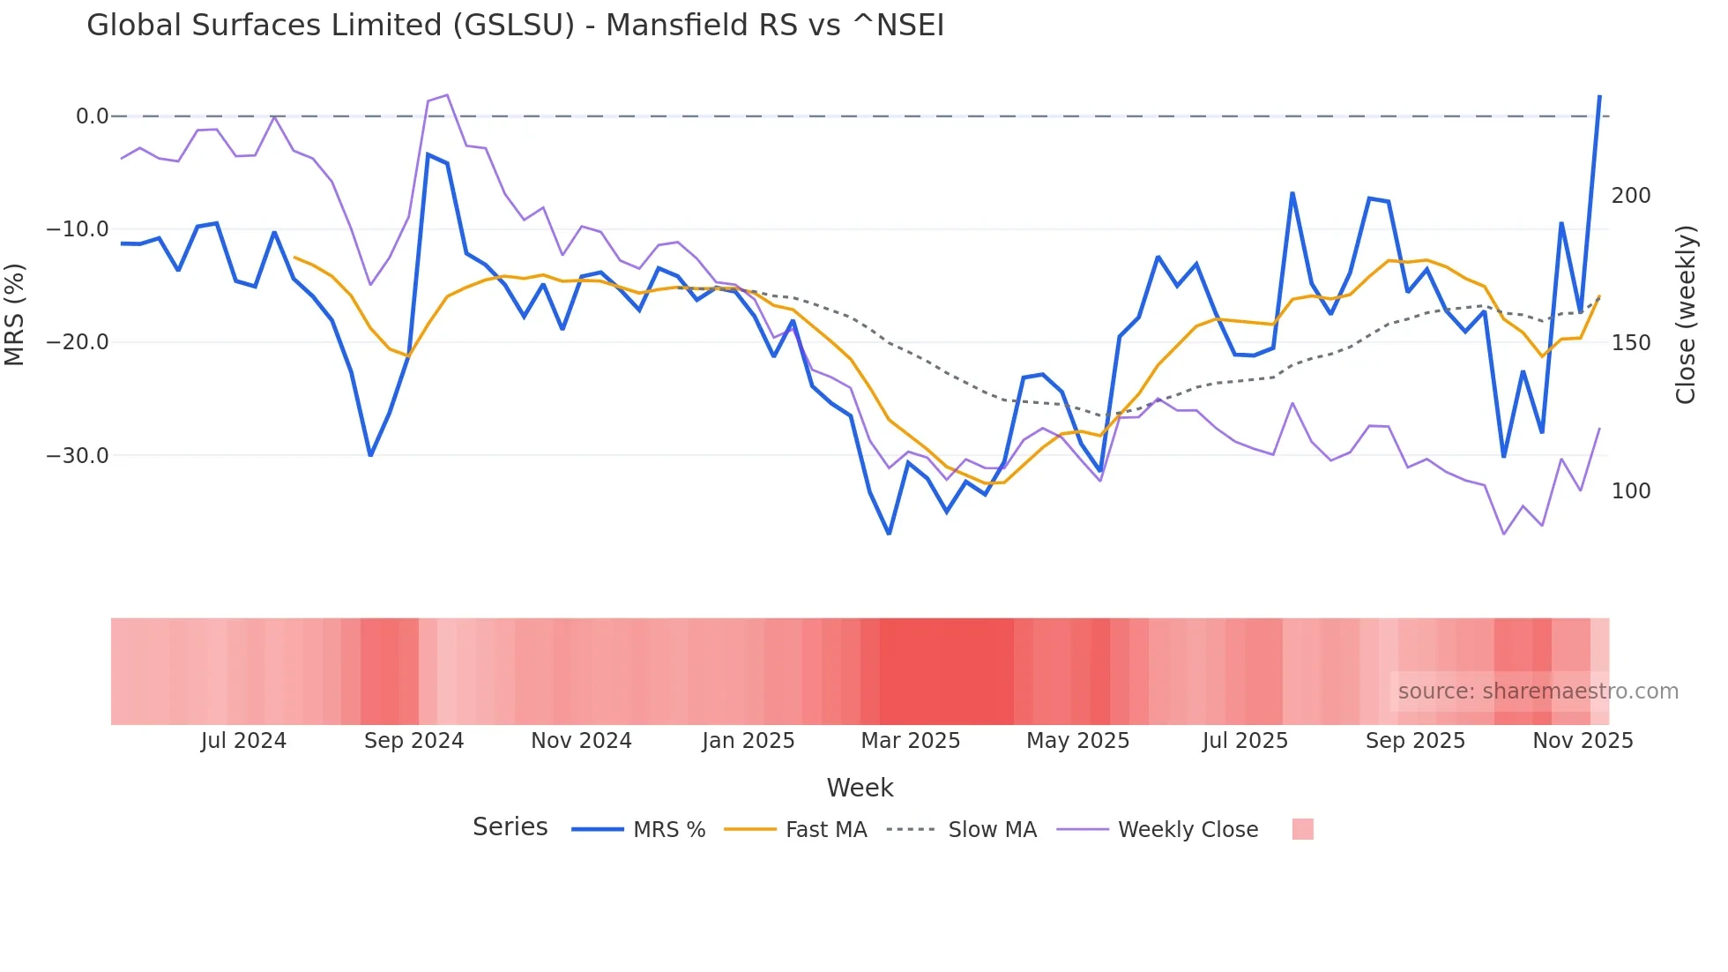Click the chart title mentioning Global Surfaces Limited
tap(515, 26)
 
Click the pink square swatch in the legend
tap(1302, 829)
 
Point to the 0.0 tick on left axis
tap(92, 116)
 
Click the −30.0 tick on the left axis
tap(78, 456)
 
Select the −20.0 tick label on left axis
tap(78, 342)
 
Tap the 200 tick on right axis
tap(1630, 196)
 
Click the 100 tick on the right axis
tap(1630, 491)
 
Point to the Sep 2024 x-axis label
tap(413, 741)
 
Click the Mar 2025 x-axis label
tap(910, 741)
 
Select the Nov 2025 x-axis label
tap(1582, 741)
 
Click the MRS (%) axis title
tap(15, 315)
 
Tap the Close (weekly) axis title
tap(1685, 315)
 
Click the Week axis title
tap(860, 788)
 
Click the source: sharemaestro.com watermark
tap(1538, 692)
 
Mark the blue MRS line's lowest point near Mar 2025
tap(889, 534)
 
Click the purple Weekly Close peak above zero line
tap(447, 94)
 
